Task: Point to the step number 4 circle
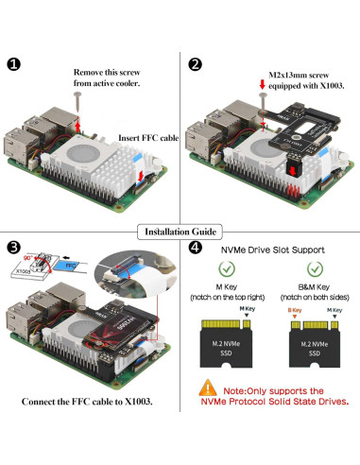click(x=195, y=249)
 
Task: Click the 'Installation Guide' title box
click(x=180, y=232)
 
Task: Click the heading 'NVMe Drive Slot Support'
click(x=276, y=250)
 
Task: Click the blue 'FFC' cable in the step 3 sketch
click(x=69, y=267)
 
